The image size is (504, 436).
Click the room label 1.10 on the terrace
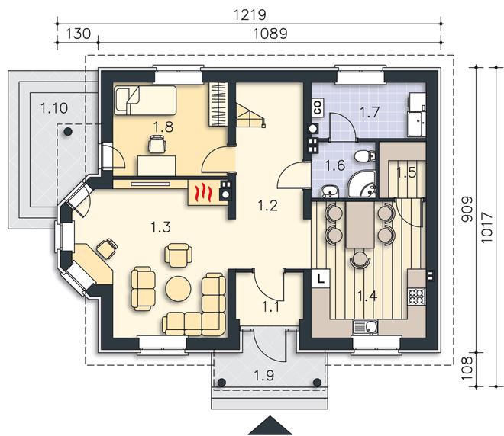pos(54,108)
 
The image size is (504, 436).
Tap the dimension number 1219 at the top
pos(250,14)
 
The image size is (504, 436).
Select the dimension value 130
pos(79,34)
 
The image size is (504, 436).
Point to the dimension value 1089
pos(270,34)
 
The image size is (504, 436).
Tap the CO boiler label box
pos(318,107)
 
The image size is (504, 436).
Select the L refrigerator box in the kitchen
pos(320,277)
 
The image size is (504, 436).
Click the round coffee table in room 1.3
pos(178,288)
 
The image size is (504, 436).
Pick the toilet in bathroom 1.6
pos(365,156)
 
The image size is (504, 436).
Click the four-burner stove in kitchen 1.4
pos(417,297)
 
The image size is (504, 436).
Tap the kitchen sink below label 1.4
pos(366,328)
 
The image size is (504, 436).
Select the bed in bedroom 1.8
pos(144,100)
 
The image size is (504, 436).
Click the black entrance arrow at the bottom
pos(270,426)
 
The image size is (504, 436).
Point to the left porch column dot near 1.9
pos(221,383)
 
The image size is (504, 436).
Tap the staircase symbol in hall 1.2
pos(250,114)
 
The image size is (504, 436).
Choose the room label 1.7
pos(370,112)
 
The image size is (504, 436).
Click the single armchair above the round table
pos(178,255)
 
